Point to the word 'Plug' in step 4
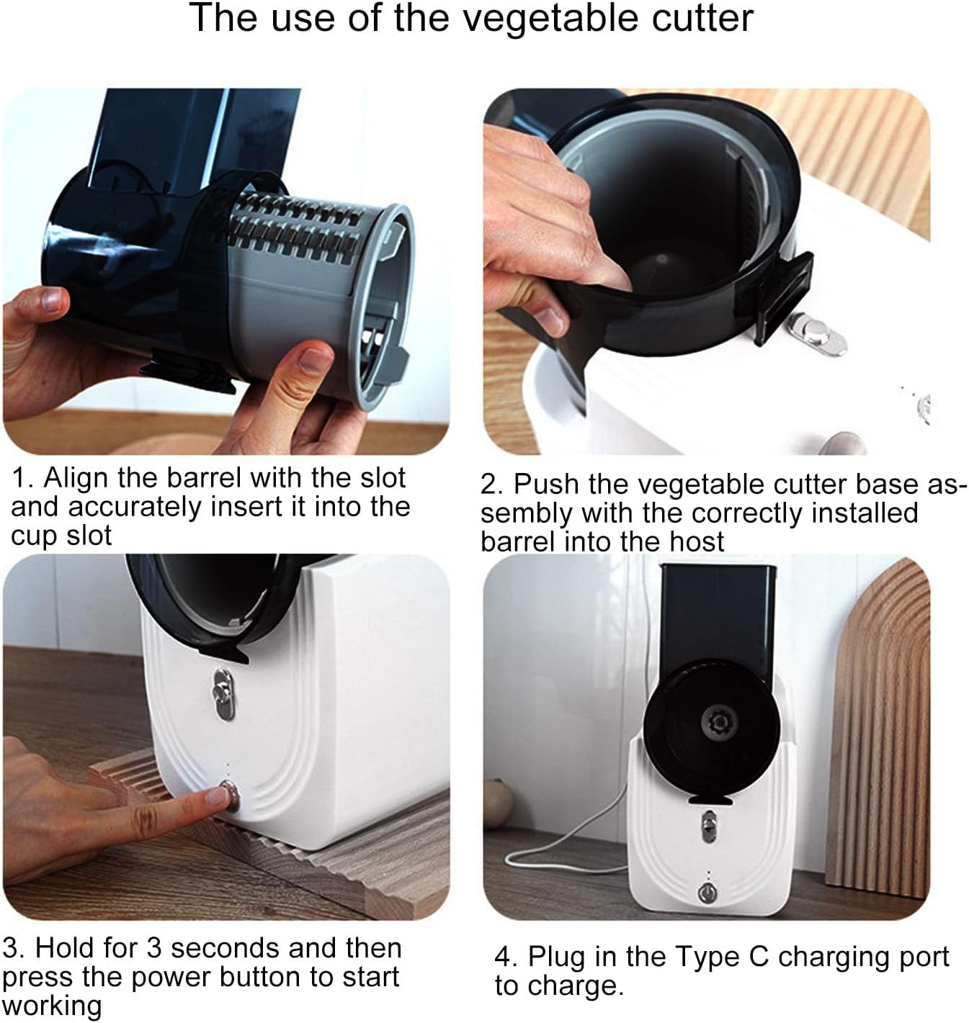pyautogui.click(x=560, y=957)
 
